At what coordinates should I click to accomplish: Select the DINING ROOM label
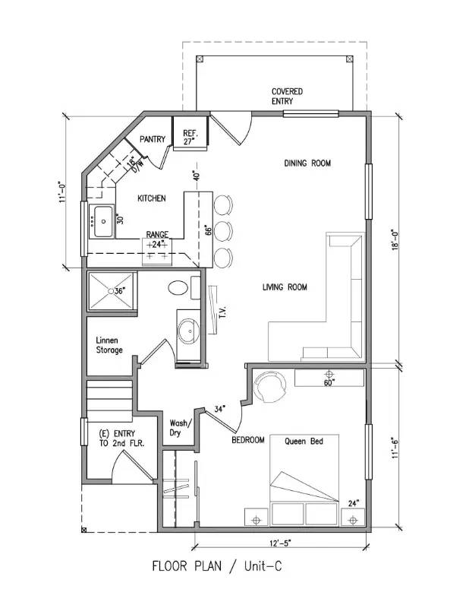[x=307, y=163]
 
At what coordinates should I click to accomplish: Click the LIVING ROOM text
[x=285, y=287]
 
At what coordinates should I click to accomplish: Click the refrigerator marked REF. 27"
[x=189, y=136]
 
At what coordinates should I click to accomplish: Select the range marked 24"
[x=157, y=251]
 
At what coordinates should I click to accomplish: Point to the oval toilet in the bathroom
[x=178, y=288]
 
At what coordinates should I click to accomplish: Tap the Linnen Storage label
[x=110, y=345]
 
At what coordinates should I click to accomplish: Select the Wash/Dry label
[x=181, y=428]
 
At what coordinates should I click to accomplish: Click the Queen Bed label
[x=304, y=441]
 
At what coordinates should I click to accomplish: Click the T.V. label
[x=224, y=312]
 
